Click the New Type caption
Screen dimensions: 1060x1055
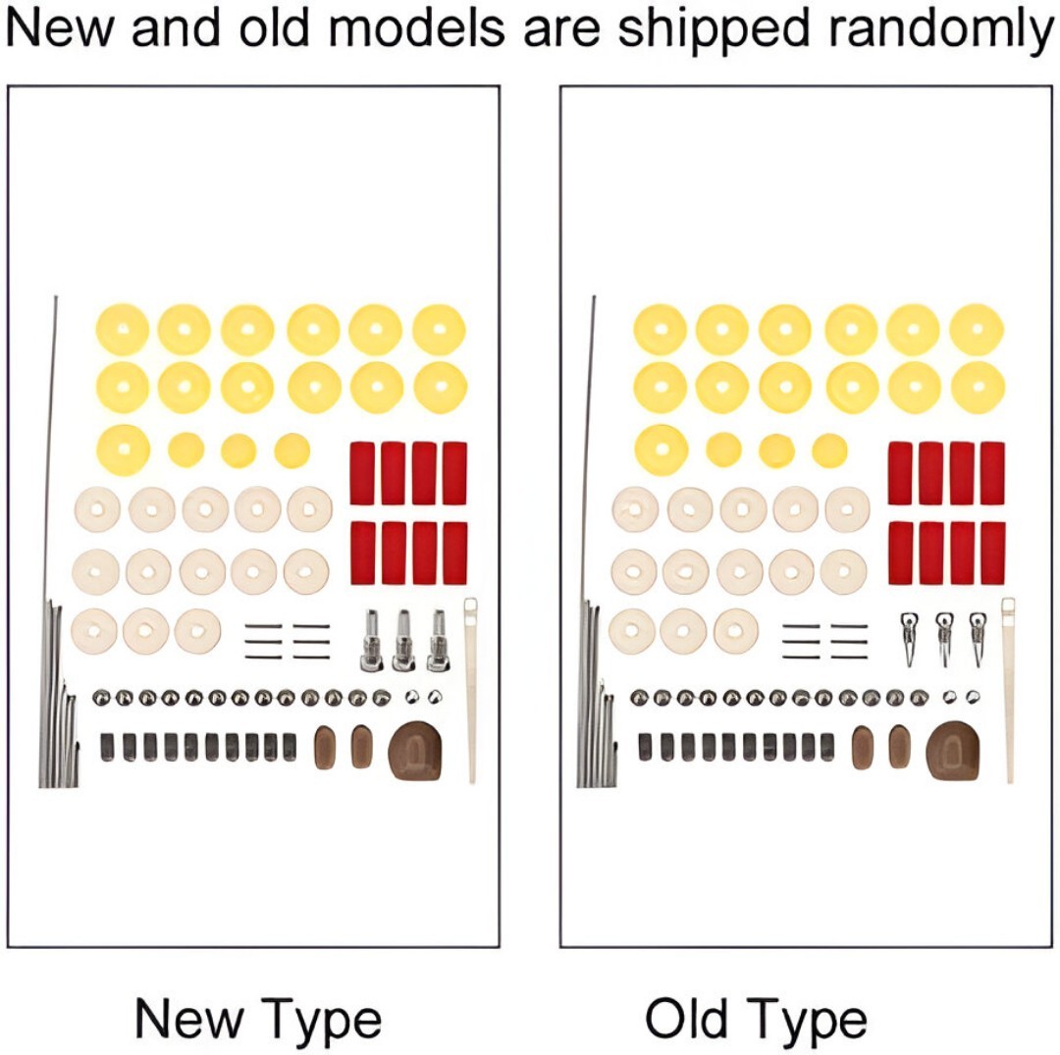[257, 1019]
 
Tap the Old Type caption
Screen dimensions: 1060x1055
[756, 1019]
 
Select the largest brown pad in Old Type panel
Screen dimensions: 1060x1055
[951, 750]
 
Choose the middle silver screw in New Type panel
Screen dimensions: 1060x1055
[402, 640]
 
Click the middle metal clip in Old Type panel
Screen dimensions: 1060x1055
[944, 638]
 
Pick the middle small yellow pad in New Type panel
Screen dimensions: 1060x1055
[238, 450]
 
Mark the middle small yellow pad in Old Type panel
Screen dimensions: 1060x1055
[776, 450]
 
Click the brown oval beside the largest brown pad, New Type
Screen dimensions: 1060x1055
[361, 747]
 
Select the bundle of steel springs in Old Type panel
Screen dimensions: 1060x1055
[593, 697]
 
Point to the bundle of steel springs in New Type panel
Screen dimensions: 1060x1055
[56, 697]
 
